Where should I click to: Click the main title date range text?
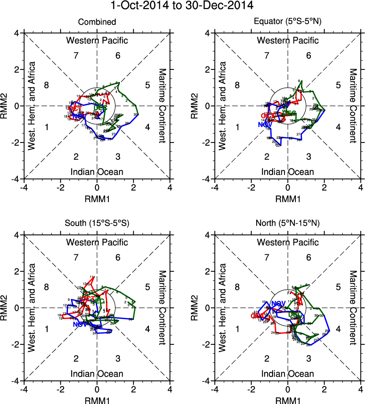click(x=182, y=6)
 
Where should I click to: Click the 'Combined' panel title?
click(x=97, y=22)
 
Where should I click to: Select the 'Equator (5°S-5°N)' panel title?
click(x=288, y=22)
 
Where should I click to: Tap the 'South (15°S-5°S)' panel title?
click(x=97, y=224)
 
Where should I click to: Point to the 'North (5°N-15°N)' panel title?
click(x=288, y=224)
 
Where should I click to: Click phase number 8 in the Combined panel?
click(x=46, y=85)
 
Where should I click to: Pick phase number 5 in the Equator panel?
click(x=338, y=85)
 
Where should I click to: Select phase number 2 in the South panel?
click(x=76, y=358)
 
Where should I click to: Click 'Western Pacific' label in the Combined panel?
click(x=97, y=40)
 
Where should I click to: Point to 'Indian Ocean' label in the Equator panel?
click(x=288, y=172)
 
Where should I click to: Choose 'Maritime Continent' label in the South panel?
click(x=162, y=307)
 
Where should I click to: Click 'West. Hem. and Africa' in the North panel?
click(x=223, y=307)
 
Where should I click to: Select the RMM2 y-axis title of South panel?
click(x=6, y=307)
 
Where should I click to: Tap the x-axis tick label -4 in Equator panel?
click(x=215, y=187)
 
